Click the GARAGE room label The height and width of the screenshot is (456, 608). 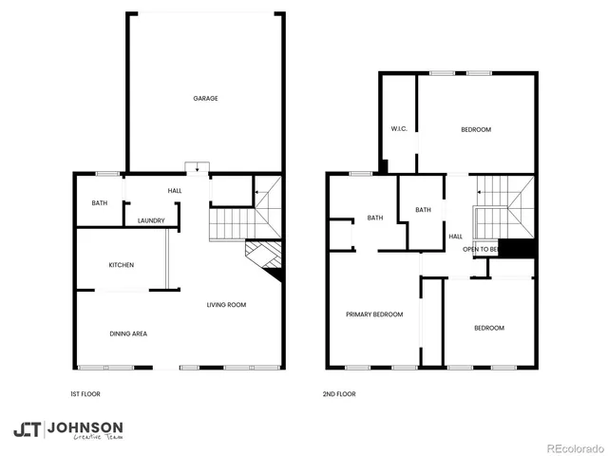206,99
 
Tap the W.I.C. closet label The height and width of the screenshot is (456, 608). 399,129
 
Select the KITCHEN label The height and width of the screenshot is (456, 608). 120,265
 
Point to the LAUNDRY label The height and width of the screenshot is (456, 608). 151,221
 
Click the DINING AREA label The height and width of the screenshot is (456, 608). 128,333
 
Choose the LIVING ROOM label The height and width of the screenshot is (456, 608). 227,305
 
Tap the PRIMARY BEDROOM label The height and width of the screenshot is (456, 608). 374,314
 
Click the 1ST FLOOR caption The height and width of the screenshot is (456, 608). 85,393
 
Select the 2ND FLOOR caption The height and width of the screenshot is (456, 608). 339,393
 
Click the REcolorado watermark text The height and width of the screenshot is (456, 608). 574,447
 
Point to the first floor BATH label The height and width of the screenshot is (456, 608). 100,203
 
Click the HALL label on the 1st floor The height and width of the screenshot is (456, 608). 175,192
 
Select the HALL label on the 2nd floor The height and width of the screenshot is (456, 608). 455,237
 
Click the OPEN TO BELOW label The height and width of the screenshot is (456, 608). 481,249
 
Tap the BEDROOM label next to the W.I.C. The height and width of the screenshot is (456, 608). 476,130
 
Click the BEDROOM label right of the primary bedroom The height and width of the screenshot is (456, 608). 489,328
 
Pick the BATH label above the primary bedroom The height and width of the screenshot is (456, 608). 375,218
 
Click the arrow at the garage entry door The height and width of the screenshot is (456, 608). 198,169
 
